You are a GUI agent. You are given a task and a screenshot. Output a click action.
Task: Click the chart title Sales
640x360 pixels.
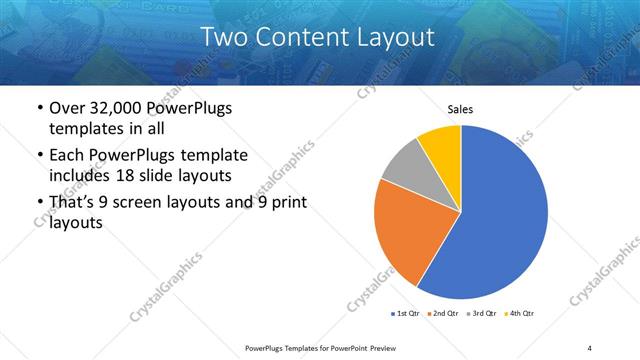coord(460,110)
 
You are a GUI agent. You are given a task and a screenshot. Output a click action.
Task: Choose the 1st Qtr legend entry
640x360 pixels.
coord(405,313)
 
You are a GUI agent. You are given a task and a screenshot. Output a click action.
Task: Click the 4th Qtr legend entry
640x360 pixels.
coord(520,313)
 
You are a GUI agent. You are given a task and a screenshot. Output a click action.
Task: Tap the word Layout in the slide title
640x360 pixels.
coord(396,38)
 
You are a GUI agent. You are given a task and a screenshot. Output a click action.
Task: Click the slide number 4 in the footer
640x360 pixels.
coord(589,347)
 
